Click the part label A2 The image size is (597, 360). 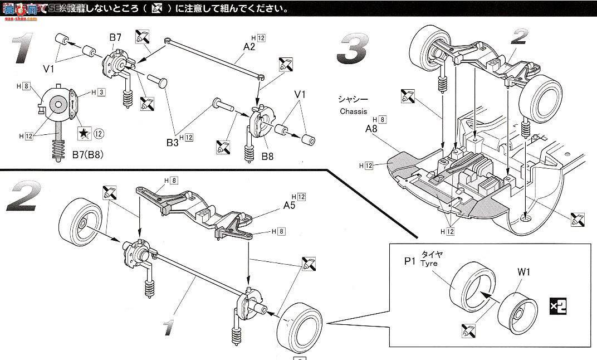(x=249, y=47)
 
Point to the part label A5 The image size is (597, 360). (x=289, y=205)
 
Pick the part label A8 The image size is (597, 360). (x=371, y=129)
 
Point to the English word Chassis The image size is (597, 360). (x=354, y=111)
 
